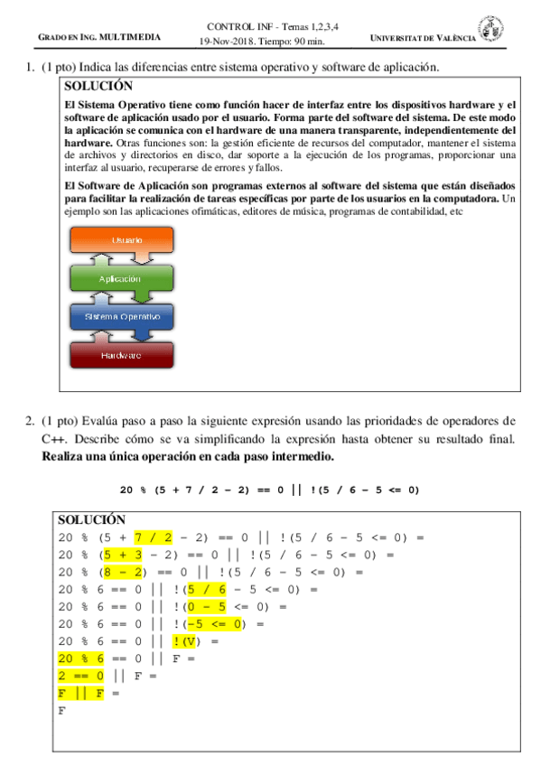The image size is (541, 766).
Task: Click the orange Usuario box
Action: coord(126,240)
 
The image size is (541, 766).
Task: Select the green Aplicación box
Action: coord(126,279)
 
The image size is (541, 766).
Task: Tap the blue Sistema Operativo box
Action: coord(126,317)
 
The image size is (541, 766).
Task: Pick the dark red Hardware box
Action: coord(126,355)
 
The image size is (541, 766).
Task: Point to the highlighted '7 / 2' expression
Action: coord(153,537)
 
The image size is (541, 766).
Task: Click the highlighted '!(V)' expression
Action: coord(189,641)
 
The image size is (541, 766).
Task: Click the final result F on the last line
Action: coord(62,710)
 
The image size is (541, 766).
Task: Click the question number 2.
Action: coord(30,420)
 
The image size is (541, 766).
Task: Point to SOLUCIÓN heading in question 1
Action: coord(99,87)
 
